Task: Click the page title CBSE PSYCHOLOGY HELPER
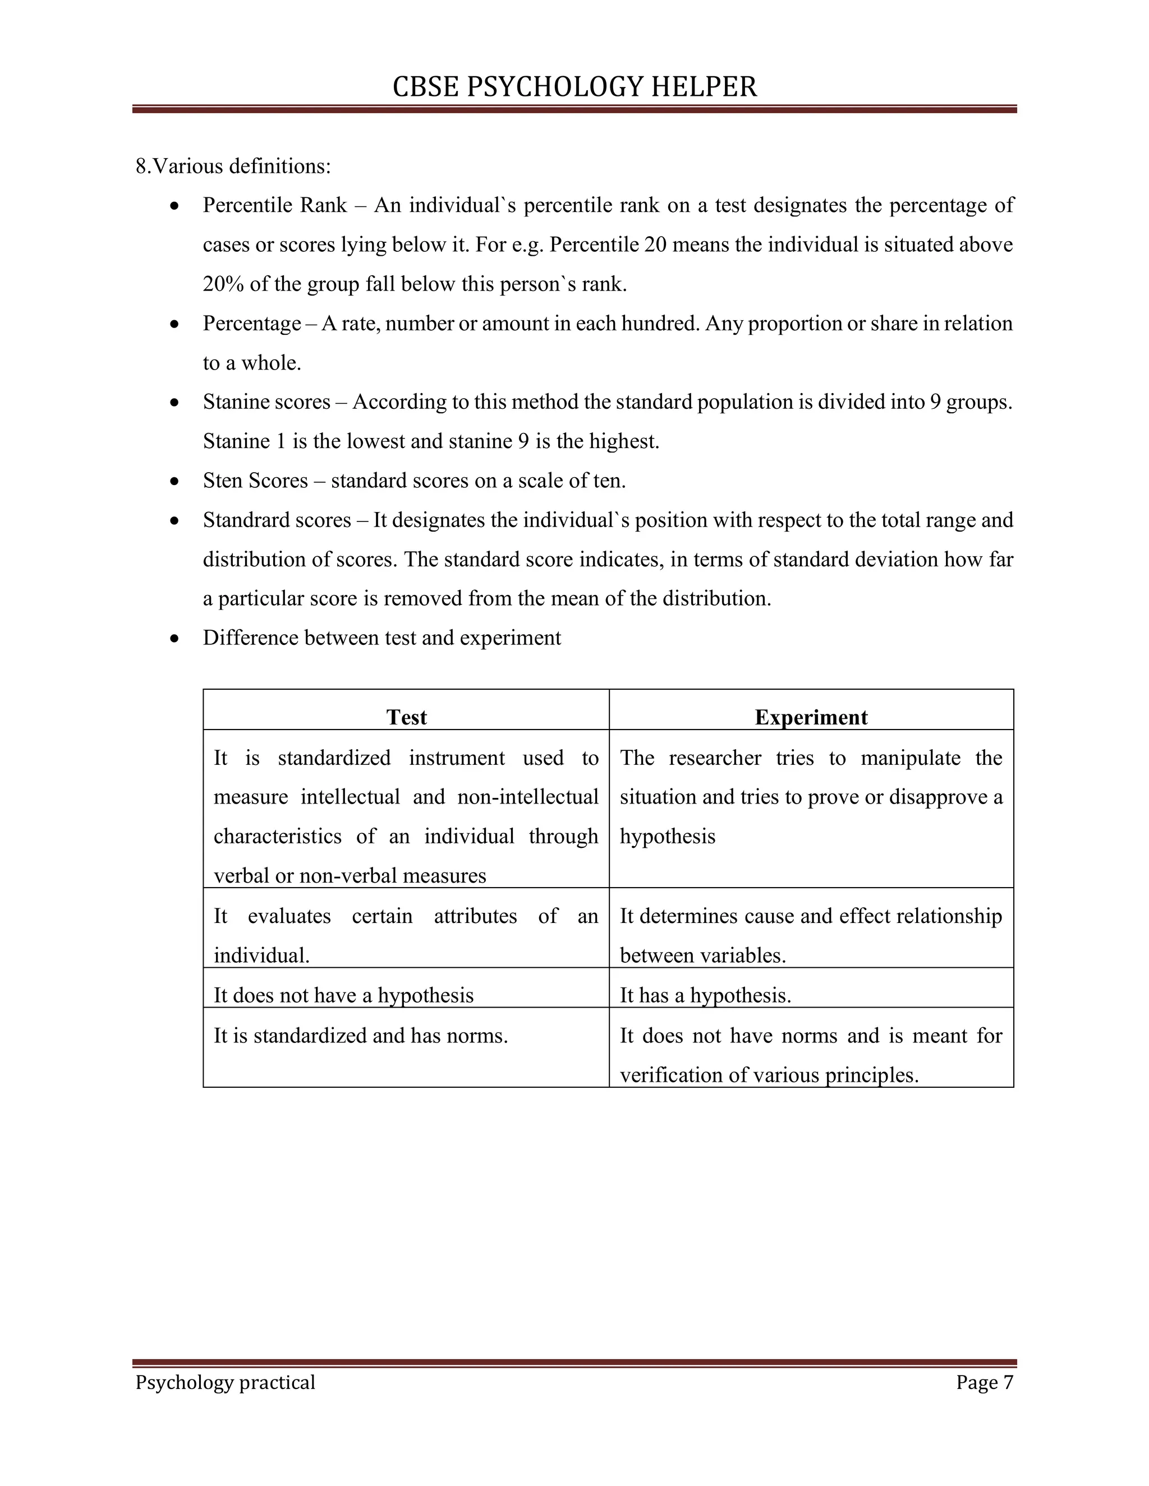(574, 87)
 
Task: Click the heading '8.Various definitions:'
(233, 166)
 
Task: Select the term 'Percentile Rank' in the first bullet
(274, 205)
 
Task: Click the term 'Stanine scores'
(266, 402)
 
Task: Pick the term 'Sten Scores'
(255, 481)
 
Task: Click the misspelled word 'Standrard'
(241, 520)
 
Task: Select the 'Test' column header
(406, 717)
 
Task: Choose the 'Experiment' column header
(811, 717)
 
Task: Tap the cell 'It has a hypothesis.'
(705, 995)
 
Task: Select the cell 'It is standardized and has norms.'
(361, 1036)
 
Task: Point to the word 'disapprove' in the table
(936, 797)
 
